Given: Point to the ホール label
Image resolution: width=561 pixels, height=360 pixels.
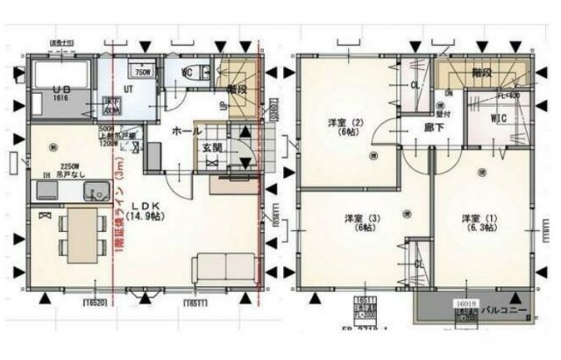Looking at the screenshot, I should tap(185, 131).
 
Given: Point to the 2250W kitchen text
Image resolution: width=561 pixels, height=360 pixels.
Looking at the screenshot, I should tap(70, 165).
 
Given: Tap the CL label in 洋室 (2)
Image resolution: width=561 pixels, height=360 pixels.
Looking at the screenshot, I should tap(414, 85).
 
